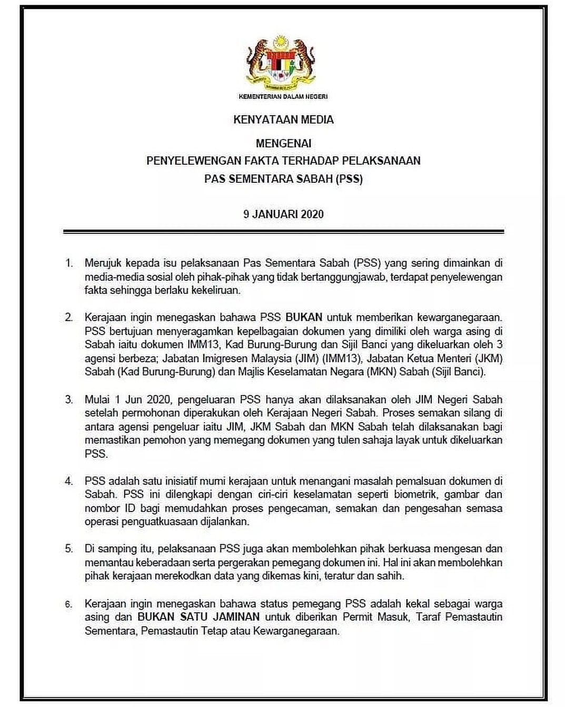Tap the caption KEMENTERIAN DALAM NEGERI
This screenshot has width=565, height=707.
pyautogui.click(x=283, y=97)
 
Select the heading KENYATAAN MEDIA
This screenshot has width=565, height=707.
pyautogui.click(x=283, y=120)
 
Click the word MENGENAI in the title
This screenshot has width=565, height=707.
pyautogui.click(x=283, y=143)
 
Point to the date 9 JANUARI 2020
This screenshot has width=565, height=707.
pyautogui.click(x=283, y=214)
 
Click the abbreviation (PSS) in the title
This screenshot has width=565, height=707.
pyautogui.click(x=348, y=179)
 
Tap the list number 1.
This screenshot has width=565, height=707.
pyautogui.click(x=69, y=262)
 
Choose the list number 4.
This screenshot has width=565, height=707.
pyautogui.click(x=69, y=480)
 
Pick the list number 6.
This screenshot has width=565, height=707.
pyautogui.click(x=69, y=604)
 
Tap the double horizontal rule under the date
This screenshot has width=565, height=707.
pyautogui.click(x=283, y=231)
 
